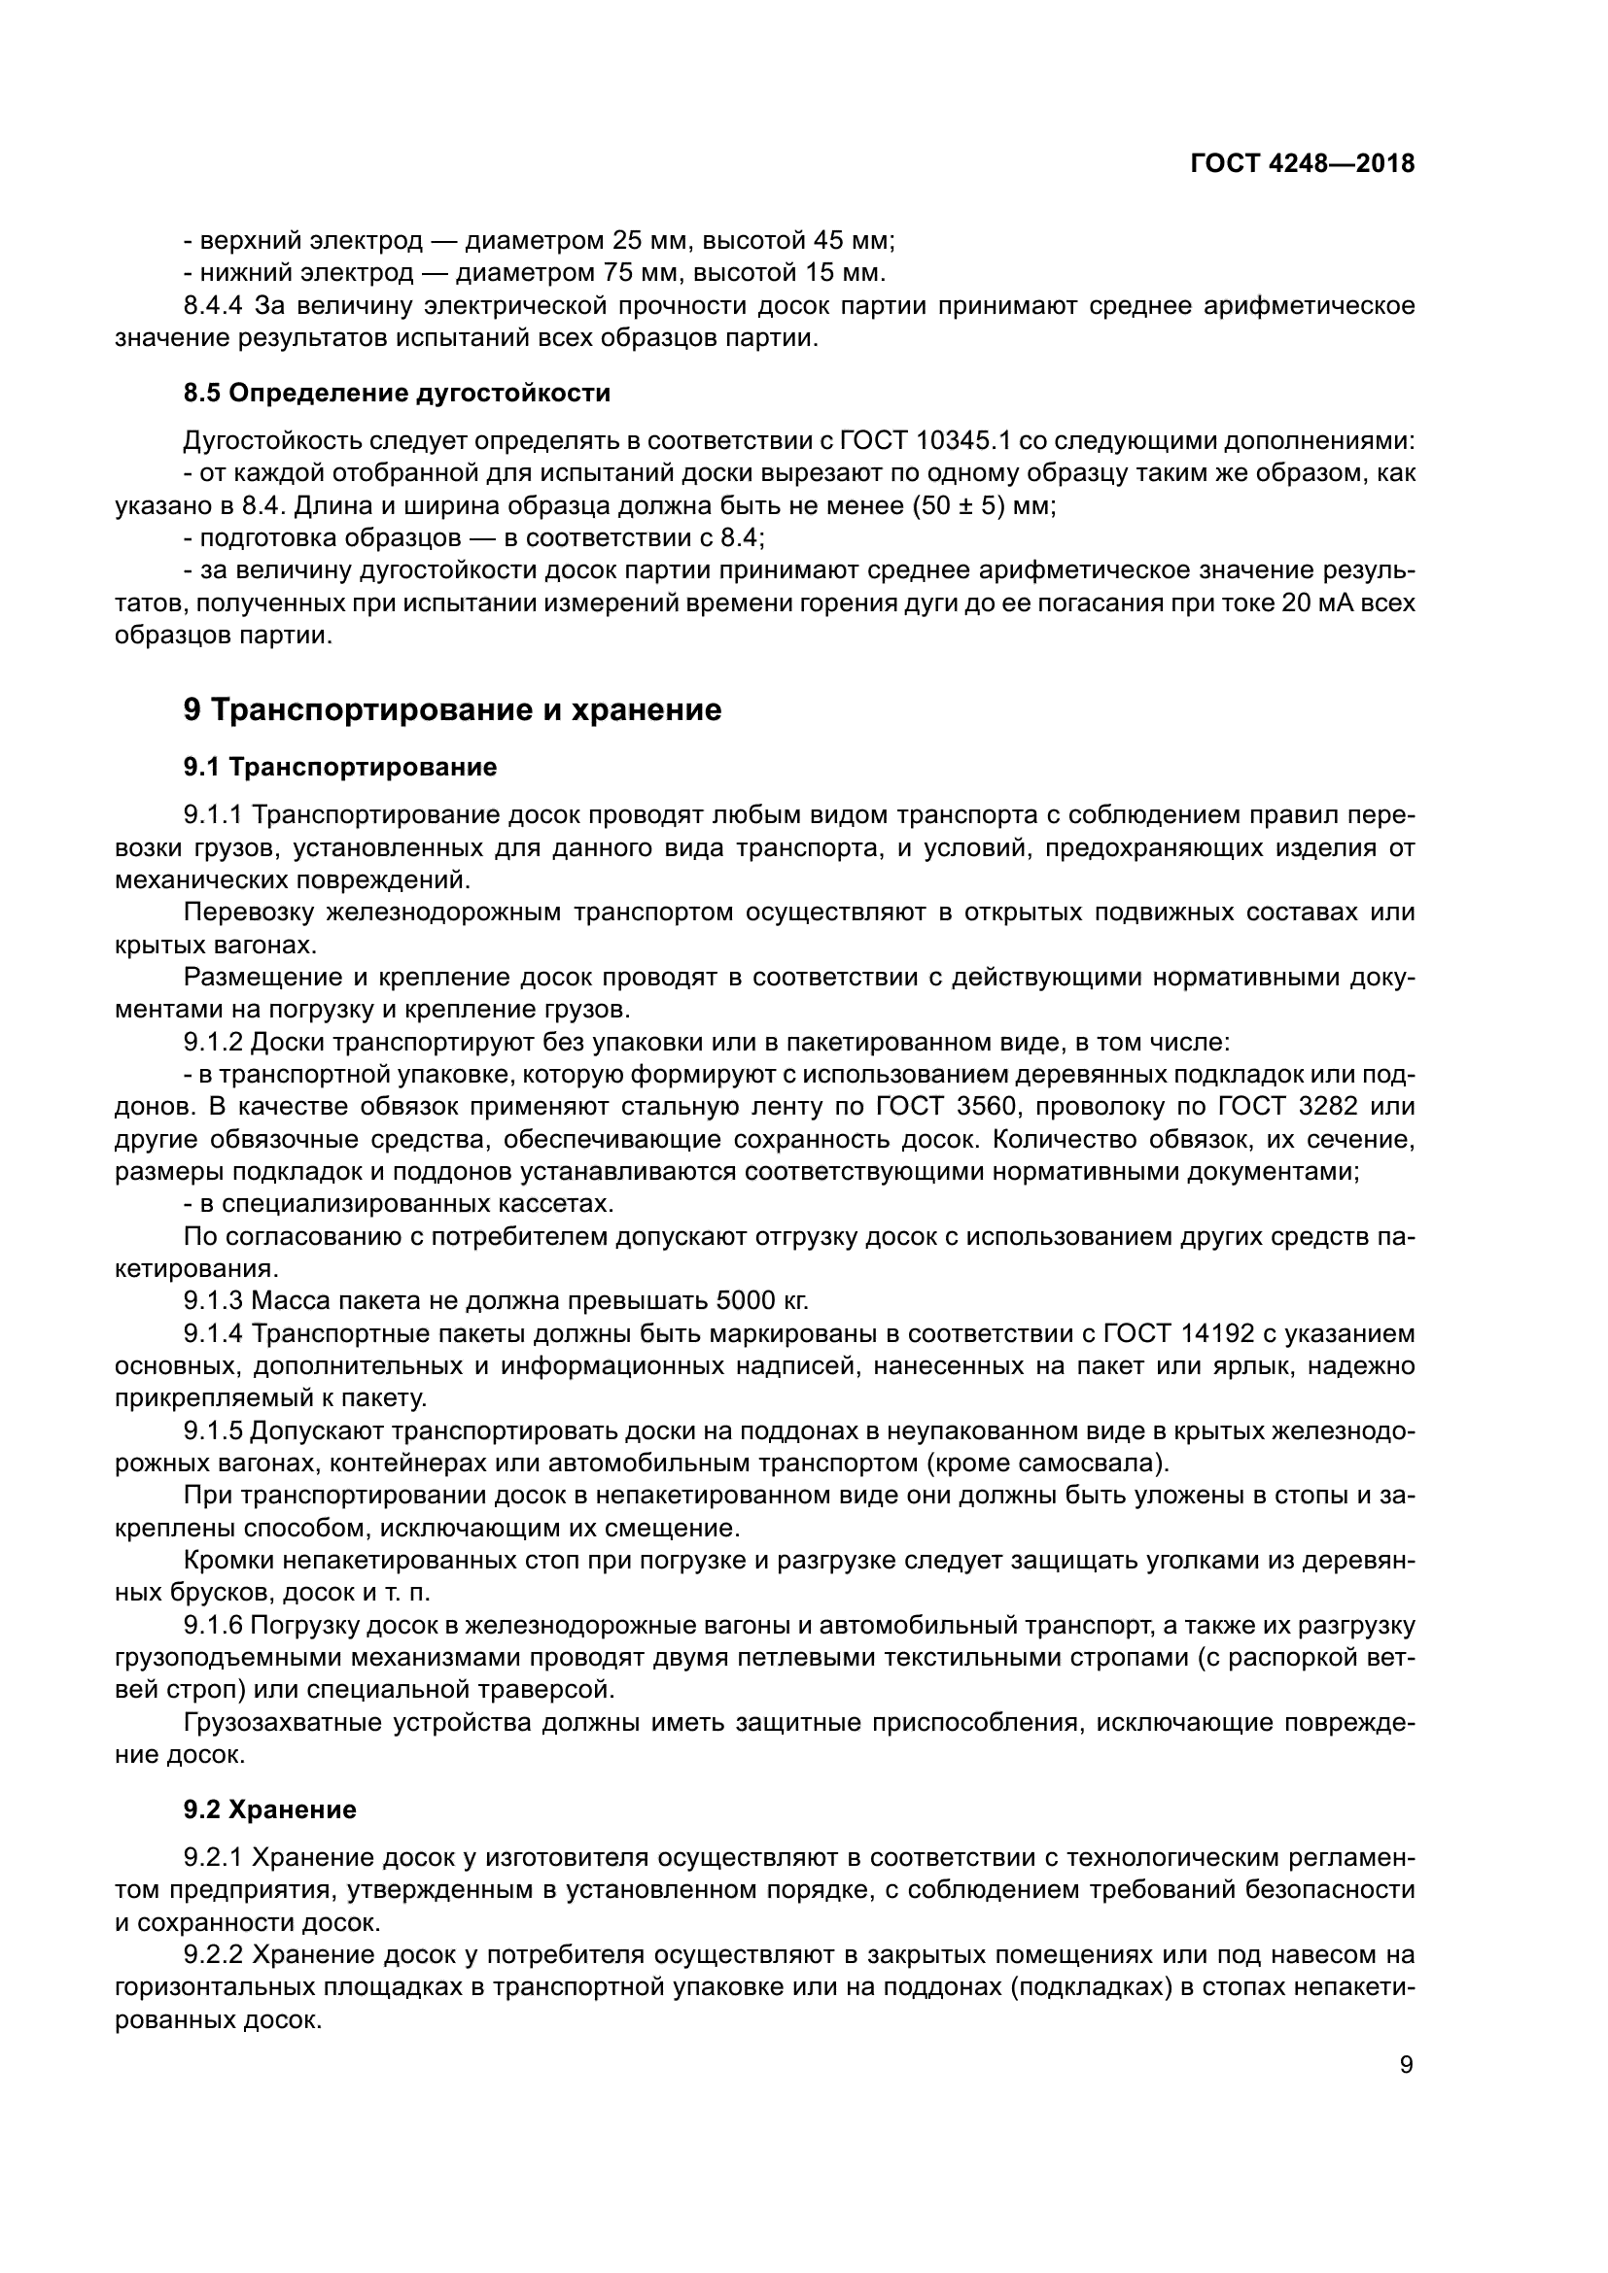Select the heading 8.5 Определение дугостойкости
(396, 393)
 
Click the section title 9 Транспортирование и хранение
(452, 709)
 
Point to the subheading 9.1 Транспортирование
(339, 768)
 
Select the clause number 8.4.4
(213, 305)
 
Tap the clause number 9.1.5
(213, 1431)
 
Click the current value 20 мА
(1316, 603)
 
